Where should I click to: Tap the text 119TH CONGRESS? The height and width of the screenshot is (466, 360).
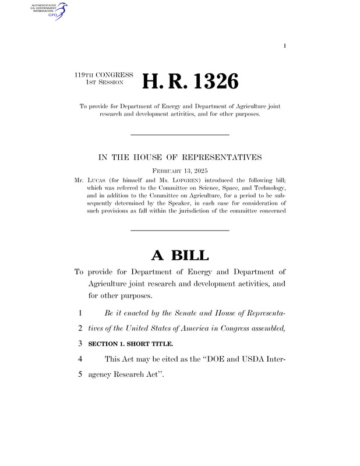pos(104,76)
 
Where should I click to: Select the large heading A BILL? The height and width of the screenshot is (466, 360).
pos(179,255)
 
